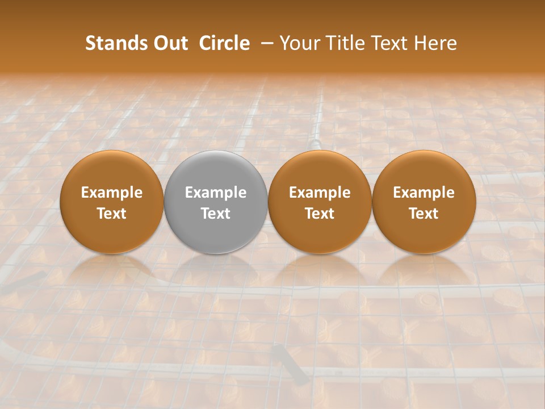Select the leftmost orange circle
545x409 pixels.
point(112,233)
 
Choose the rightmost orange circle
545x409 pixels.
point(424,233)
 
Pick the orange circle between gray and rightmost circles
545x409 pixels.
point(320,233)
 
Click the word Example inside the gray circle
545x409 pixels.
point(216,193)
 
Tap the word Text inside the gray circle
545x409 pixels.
point(216,214)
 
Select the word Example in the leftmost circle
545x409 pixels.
point(112,193)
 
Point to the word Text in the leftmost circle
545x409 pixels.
point(112,214)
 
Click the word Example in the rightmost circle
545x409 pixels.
point(424,193)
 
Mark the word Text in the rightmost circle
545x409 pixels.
point(424,214)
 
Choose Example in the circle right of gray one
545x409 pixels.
point(320,193)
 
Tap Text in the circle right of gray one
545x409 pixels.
point(320,214)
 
